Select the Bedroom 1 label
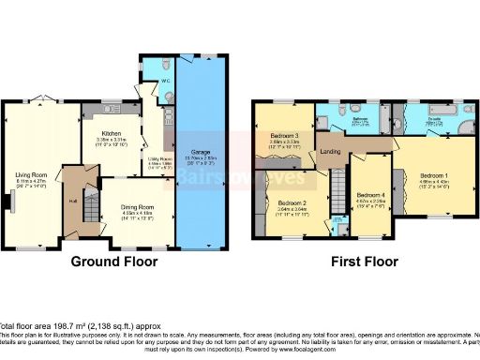click(433, 176)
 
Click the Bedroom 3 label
click(284, 136)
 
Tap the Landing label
click(330, 151)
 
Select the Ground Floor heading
click(112, 263)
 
